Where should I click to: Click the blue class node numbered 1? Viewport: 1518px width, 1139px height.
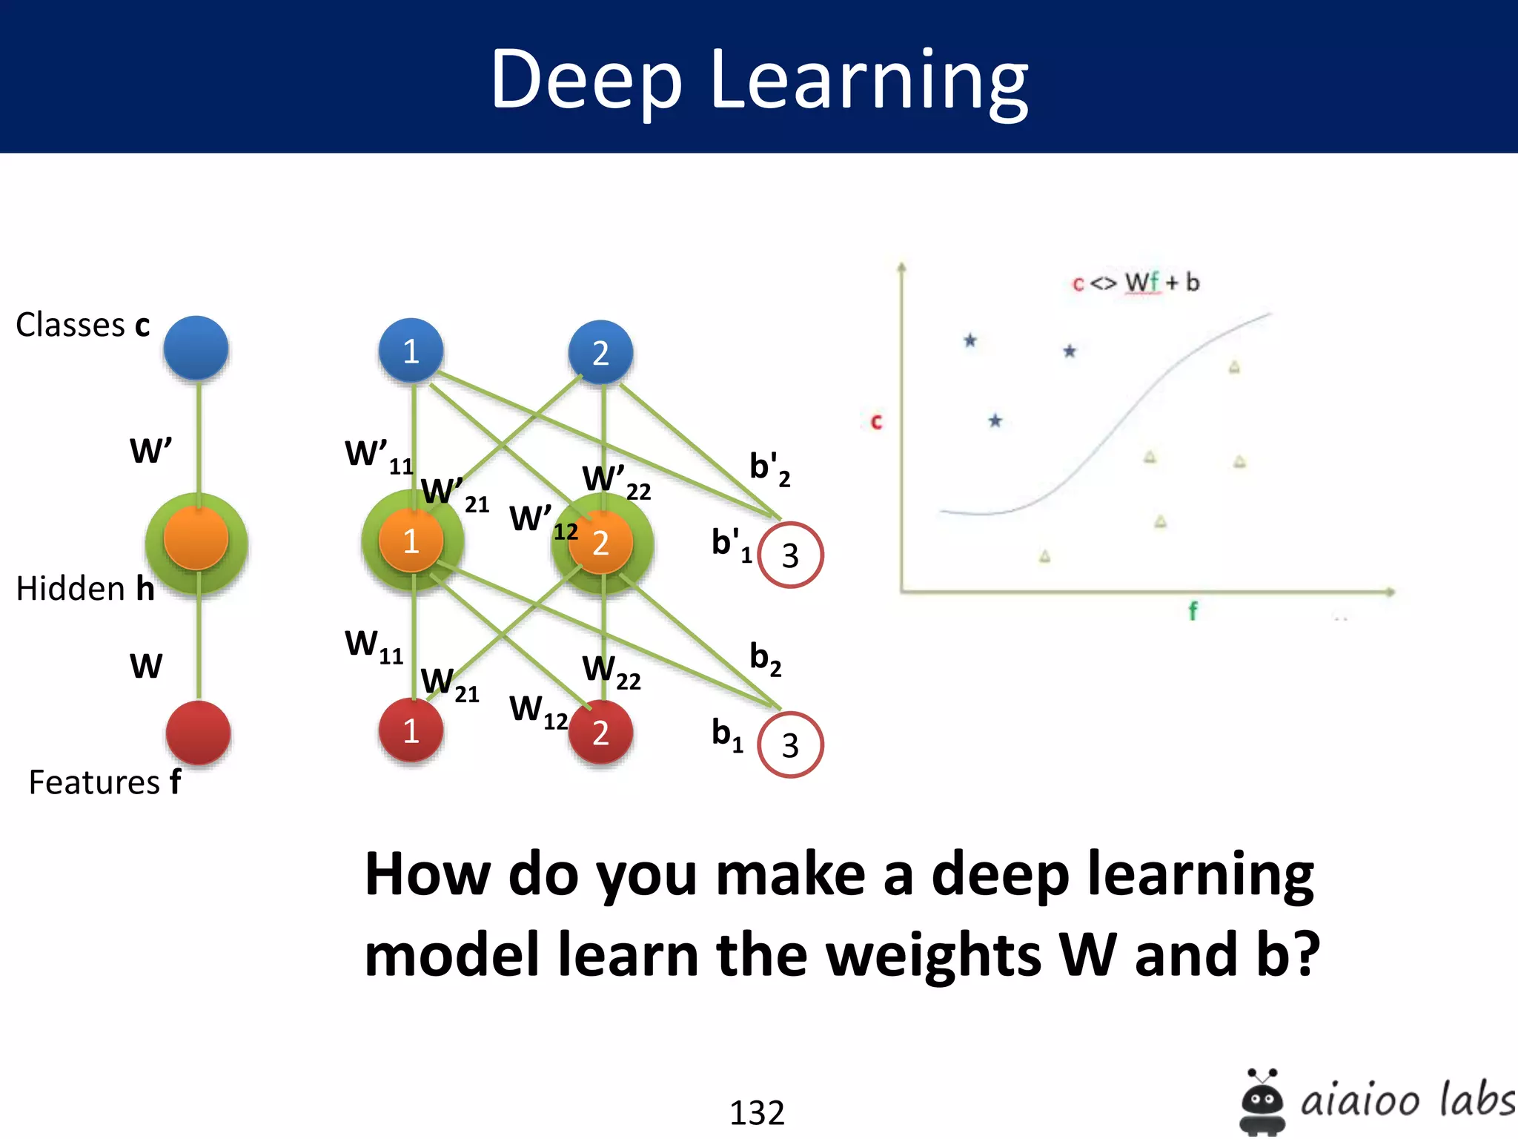click(x=411, y=351)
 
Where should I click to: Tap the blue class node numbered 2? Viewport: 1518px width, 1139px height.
click(x=600, y=352)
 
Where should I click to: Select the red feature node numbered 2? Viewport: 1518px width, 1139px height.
click(x=600, y=732)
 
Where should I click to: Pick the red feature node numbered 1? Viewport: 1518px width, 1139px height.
click(x=411, y=730)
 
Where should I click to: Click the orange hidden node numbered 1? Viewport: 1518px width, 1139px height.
click(x=411, y=541)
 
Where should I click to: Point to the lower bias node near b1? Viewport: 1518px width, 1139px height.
click(x=790, y=745)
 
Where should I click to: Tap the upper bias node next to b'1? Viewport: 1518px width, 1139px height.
click(x=790, y=555)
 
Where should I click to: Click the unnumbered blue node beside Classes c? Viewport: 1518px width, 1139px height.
click(x=196, y=348)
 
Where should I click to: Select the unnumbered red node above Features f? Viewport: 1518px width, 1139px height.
click(x=198, y=733)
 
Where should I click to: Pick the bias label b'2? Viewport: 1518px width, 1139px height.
click(x=769, y=469)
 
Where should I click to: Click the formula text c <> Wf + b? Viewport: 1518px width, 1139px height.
click(x=1136, y=283)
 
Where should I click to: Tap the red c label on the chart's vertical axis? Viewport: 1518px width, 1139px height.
click(x=876, y=421)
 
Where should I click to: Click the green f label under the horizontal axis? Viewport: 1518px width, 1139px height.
click(x=1193, y=611)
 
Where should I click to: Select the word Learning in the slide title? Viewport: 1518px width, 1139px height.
click(x=869, y=80)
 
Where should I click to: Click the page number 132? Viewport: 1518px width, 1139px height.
click(x=757, y=1112)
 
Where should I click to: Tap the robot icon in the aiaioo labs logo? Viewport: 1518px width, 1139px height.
click(x=1262, y=1101)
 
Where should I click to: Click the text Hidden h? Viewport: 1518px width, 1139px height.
click(x=85, y=588)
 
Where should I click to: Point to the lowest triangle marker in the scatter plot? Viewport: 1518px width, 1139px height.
click(x=1044, y=556)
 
